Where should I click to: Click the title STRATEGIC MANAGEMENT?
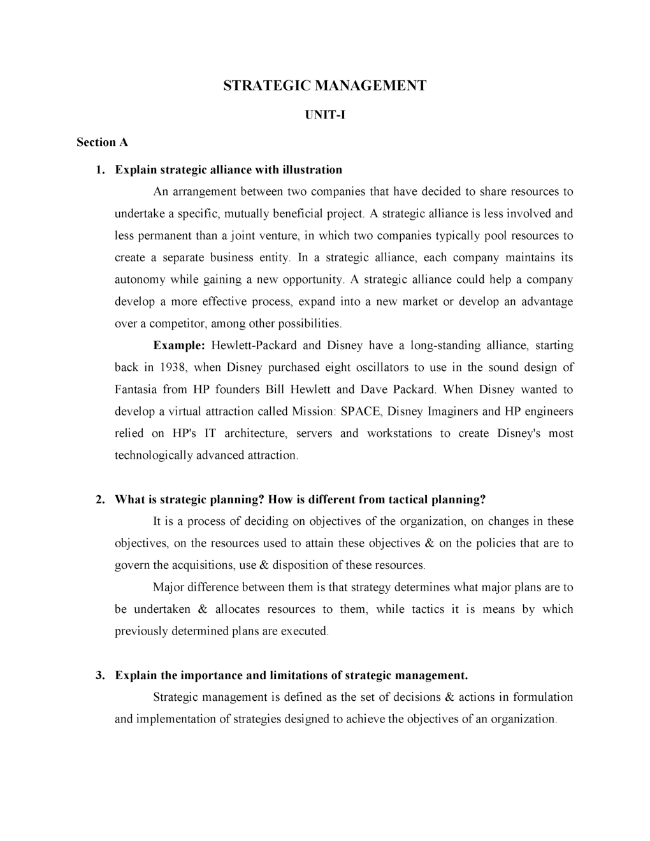coord(324,85)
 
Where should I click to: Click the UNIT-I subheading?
coord(324,115)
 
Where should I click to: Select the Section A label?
coord(102,142)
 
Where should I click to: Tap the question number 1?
coord(99,169)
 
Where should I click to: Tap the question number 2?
coord(99,499)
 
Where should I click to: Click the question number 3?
coord(99,675)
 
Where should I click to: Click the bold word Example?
coord(178,345)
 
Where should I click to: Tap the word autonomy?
coord(140,280)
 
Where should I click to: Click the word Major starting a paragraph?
coord(168,587)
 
